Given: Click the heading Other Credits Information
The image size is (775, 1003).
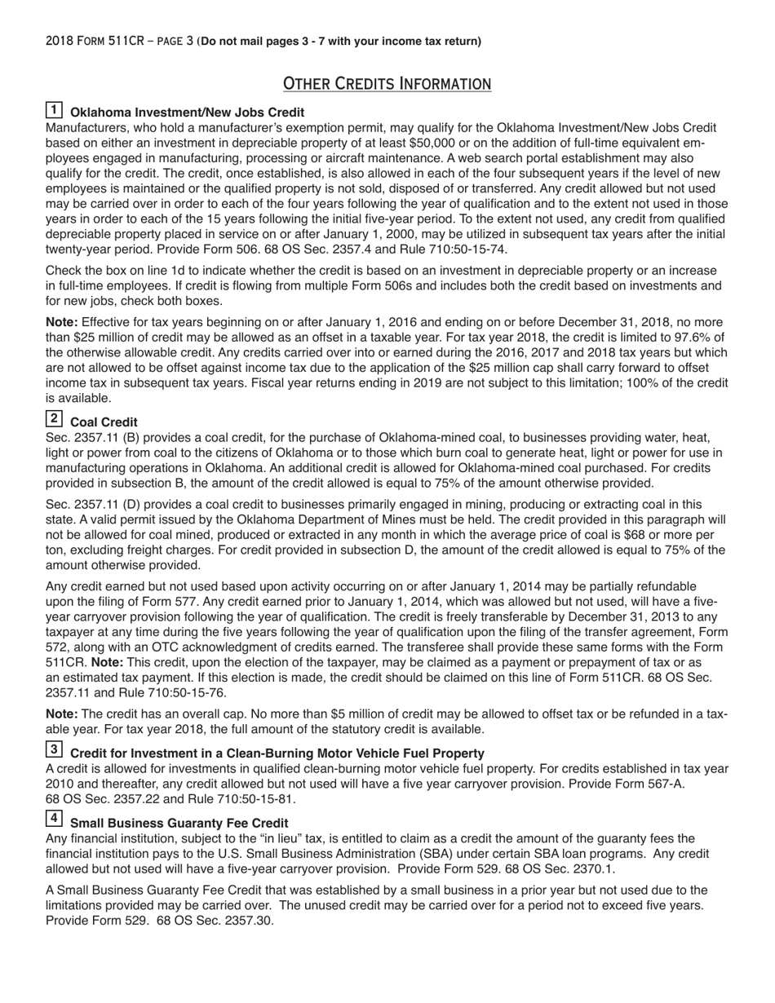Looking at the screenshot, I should [x=387, y=83].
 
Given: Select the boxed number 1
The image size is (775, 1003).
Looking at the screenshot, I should [x=54, y=110].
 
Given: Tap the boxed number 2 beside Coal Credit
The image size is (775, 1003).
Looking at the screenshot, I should [x=54, y=419].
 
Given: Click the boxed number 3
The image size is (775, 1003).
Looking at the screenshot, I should [x=54, y=750].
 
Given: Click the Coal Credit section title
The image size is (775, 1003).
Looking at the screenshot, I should [x=104, y=422].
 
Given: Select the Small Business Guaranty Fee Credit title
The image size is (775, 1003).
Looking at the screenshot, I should [x=179, y=823].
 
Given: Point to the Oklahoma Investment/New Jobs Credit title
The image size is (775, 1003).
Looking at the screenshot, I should [x=188, y=113].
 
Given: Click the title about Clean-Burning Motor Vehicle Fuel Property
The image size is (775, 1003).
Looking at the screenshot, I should [x=277, y=753].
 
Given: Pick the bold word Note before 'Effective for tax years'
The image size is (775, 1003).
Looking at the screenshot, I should [x=62, y=322].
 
